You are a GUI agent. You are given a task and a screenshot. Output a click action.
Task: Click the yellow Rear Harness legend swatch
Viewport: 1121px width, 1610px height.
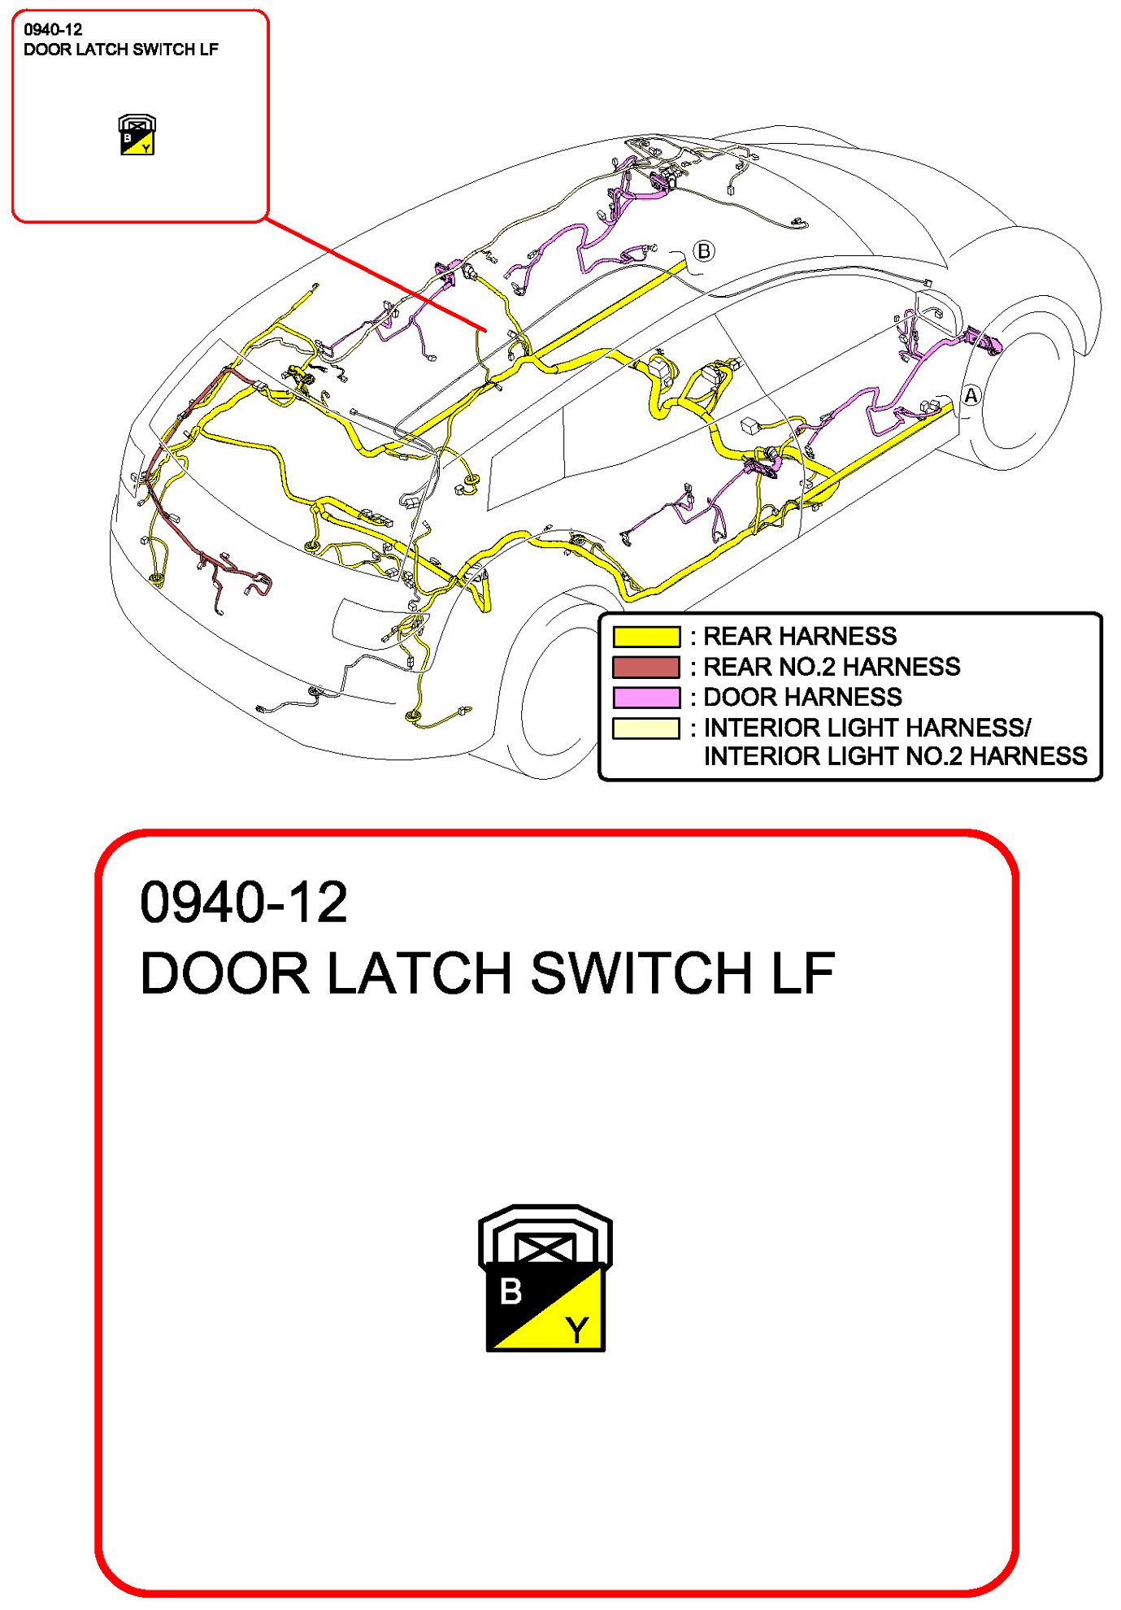point(645,636)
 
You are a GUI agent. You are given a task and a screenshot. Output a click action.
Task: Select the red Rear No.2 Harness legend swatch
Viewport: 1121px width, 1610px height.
point(645,667)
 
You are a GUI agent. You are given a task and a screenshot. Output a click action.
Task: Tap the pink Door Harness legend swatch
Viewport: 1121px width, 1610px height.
point(645,697)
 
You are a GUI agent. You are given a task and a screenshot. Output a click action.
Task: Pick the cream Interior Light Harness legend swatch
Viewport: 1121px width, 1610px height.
point(645,728)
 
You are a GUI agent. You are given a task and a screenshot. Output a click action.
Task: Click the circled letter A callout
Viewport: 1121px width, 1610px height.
point(971,396)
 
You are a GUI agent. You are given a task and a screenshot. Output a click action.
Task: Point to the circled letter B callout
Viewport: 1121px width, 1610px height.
point(704,251)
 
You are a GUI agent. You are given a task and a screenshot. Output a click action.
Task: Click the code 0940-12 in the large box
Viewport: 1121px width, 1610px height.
point(243,902)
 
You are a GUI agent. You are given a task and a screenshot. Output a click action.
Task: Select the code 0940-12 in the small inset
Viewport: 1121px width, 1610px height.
point(53,30)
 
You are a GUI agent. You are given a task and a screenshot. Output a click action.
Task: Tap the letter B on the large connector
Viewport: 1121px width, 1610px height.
point(511,1291)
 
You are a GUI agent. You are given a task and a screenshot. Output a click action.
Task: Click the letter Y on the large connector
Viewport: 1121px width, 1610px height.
point(577,1330)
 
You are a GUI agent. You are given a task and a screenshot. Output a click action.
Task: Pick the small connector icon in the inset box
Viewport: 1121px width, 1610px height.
point(137,135)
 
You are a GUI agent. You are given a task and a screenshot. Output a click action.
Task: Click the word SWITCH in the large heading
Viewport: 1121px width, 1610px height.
point(641,973)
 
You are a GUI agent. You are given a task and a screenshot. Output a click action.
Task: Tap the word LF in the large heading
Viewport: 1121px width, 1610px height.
point(802,973)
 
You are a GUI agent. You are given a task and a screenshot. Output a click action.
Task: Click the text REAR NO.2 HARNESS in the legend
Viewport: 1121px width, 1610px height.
point(831,667)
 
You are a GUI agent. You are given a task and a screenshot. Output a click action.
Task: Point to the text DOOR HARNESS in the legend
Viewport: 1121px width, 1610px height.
point(802,697)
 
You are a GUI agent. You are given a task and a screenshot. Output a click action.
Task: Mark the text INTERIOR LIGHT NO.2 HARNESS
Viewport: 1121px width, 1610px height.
point(894,756)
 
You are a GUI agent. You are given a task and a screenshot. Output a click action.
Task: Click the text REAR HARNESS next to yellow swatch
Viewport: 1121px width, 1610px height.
point(799,636)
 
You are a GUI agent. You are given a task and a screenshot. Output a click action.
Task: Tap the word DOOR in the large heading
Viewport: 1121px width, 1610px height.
point(224,973)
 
